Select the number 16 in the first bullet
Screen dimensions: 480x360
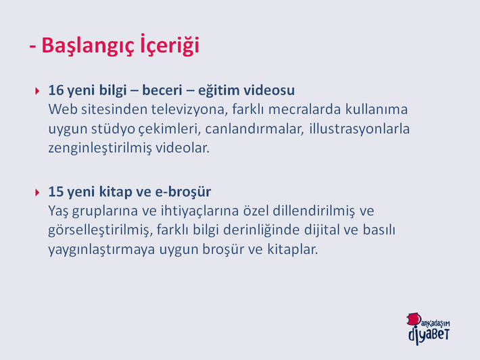click(x=56, y=91)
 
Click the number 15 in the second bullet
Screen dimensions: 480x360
click(x=56, y=192)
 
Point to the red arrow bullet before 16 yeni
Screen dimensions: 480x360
click(x=37, y=91)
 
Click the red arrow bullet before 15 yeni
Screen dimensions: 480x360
click(x=37, y=192)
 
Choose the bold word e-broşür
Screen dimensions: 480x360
click(x=183, y=192)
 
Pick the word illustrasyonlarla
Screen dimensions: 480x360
click(x=360, y=129)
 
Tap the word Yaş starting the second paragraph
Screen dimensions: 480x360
click(x=58, y=211)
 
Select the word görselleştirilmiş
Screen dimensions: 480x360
click(x=101, y=230)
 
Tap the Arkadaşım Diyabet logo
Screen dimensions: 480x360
click(x=429, y=329)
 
